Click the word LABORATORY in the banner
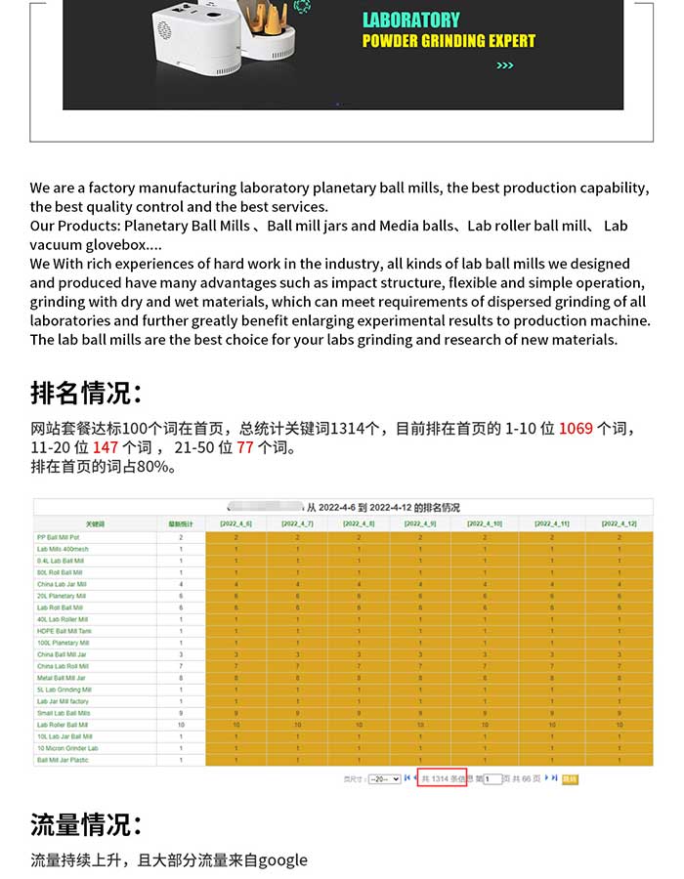(410, 20)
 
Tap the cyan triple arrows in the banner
(504, 66)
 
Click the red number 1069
(576, 429)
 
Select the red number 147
(106, 447)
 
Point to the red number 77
(244, 447)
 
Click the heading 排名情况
(86, 394)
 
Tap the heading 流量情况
(86, 824)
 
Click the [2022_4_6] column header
(235, 524)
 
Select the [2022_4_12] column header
(620, 524)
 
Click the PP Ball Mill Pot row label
(59, 537)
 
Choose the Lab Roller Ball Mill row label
(63, 725)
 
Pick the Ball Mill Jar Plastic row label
(63, 760)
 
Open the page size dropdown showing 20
(384, 778)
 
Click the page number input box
(493, 778)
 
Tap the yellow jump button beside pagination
(571, 778)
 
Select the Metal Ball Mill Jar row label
(62, 678)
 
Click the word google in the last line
(281, 860)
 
